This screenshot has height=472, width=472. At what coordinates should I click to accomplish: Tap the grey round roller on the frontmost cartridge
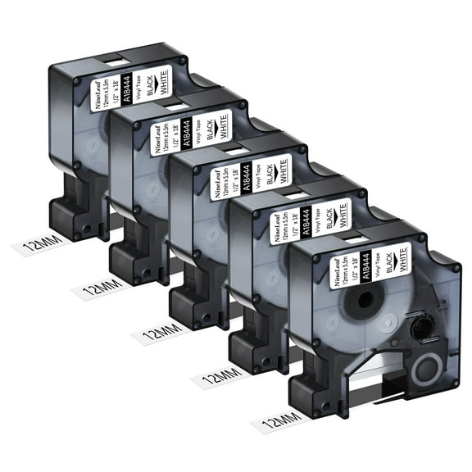[x=426, y=368]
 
